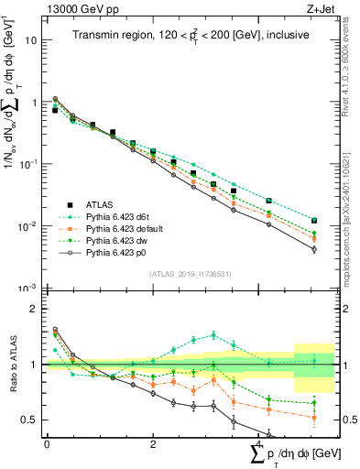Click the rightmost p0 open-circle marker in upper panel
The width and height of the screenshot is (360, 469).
point(314,249)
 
